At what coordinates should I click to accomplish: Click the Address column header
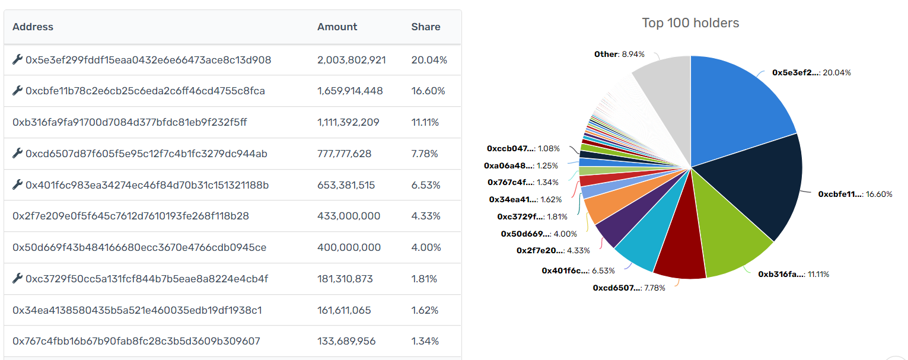(33, 27)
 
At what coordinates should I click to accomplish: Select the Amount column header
(337, 27)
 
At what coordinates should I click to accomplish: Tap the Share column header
(425, 27)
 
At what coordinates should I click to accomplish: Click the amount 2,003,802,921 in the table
(352, 60)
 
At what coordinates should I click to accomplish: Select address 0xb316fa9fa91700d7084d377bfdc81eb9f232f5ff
(129, 123)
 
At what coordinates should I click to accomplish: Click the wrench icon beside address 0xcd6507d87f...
(17, 154)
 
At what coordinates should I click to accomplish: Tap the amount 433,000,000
(349, 216)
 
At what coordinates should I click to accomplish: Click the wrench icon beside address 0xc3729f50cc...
(17, 279)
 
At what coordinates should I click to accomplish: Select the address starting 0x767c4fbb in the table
(136, 342)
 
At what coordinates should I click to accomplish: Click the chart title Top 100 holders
(690, 23)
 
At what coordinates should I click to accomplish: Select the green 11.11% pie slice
(729, 243)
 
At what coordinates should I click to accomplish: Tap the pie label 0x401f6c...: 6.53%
(578, 270)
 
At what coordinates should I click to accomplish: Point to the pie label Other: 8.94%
(619, 55)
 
